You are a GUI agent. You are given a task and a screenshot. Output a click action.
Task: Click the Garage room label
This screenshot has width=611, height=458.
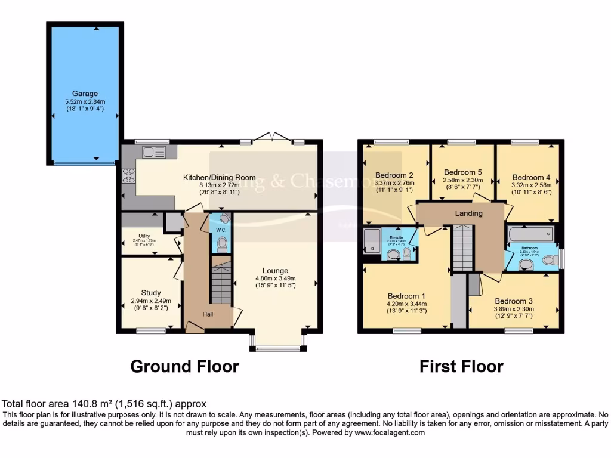pos(85,94)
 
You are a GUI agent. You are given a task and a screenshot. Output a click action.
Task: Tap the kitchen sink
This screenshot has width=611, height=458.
pos(153,153)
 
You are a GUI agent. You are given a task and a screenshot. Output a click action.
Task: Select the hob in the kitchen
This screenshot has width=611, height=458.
pos(129,175)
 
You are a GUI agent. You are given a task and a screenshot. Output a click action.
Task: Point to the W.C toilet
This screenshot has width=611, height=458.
pos(223,243)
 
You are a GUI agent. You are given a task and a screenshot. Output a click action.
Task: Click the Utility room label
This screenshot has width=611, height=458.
pos(144,236)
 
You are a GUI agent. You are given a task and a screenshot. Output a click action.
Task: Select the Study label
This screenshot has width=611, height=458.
pos(151,293)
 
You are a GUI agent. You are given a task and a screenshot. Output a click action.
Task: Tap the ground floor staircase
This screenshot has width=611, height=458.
pos(221,283)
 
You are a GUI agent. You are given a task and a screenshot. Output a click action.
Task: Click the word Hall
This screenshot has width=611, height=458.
pos(207,314)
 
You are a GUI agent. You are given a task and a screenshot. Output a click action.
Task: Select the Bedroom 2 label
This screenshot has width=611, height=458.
pos(394,175)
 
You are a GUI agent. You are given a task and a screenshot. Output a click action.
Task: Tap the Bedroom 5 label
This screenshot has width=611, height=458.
pos(462,172)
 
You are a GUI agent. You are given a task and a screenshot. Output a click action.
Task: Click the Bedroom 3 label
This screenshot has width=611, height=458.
pos(514,301)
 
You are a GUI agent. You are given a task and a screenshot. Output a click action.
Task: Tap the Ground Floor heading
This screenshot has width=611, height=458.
pos(184,366)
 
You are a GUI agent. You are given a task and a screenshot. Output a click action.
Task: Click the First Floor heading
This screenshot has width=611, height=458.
pos(461,366)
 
